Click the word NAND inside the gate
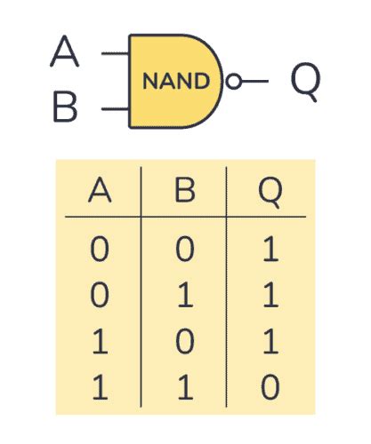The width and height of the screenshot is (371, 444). click(x=176, y=82)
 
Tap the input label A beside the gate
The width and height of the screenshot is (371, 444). click(x=65, y=52)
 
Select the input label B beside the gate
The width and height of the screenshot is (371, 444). click(x=65, y=110)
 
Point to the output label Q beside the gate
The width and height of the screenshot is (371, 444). click(x=304, y=82)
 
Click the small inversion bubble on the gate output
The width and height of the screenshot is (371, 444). click(x=233, y=82)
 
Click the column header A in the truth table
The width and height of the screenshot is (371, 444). click(x=100, y=191)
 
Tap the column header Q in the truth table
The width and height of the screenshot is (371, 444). click(x=268, y=191)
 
